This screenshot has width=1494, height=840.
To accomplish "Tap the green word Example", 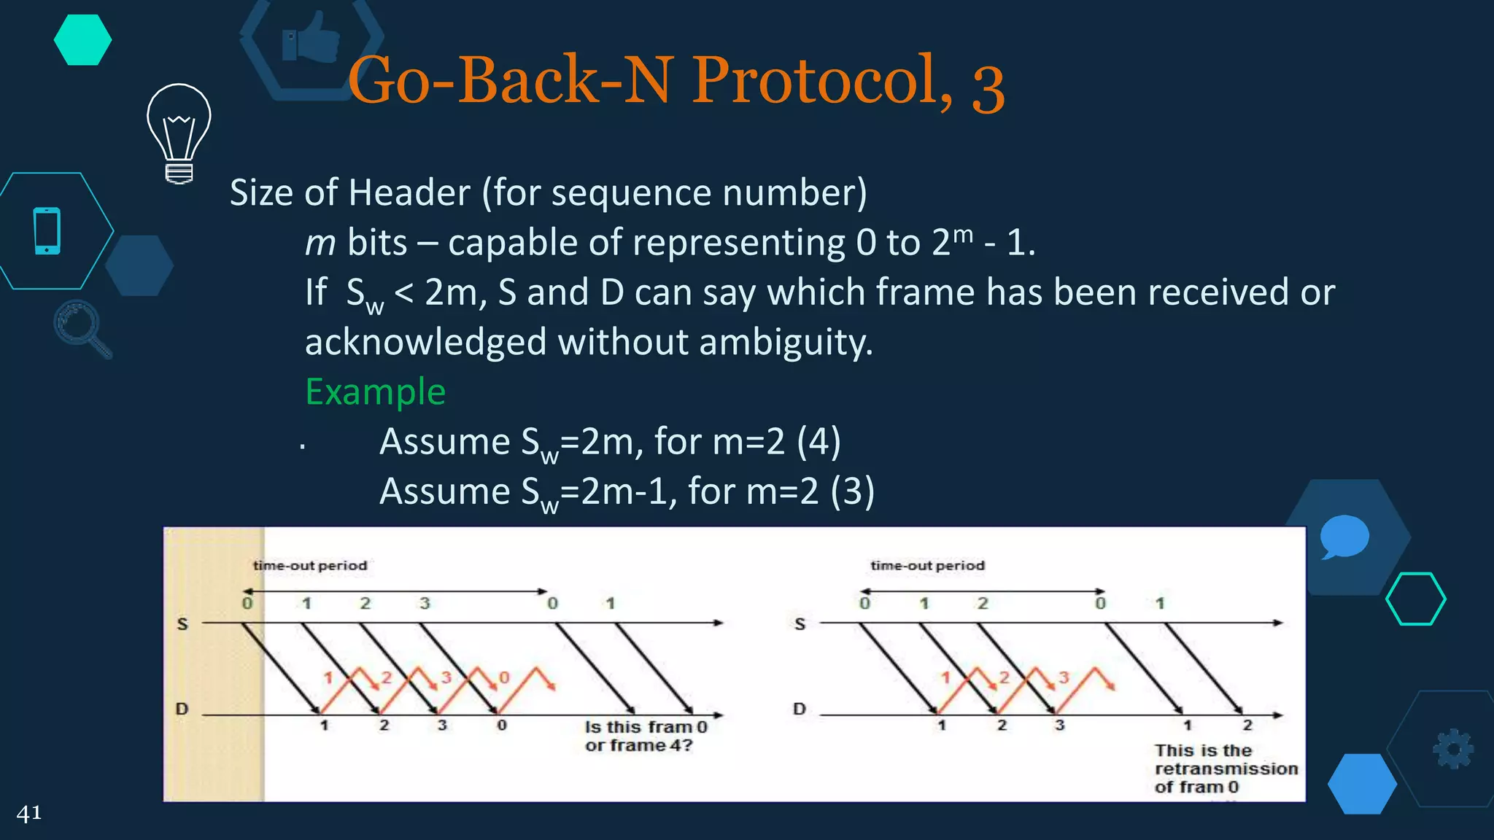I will (375, 392).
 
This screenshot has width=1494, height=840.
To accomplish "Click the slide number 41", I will (29, 813).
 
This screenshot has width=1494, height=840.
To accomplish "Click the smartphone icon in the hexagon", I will (47, 231).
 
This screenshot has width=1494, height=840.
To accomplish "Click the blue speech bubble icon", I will (1344, 536).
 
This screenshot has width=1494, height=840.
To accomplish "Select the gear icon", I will (1453, 749).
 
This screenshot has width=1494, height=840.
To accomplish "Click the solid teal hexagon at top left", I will (82, 40).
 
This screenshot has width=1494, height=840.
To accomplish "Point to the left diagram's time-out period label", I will (310, 566).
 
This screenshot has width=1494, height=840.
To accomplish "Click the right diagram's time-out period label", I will (927, 566).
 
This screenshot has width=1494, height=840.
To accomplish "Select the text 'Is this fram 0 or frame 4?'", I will (645, 736).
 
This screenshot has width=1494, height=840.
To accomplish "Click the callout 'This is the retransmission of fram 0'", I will (1226, 769).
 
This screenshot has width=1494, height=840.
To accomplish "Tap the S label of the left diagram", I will (182, 624).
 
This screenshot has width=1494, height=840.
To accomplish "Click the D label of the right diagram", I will (800, 709).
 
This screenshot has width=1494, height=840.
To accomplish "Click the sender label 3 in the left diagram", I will (425, 604).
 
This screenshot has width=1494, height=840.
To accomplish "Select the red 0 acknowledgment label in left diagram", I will (503, 678).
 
